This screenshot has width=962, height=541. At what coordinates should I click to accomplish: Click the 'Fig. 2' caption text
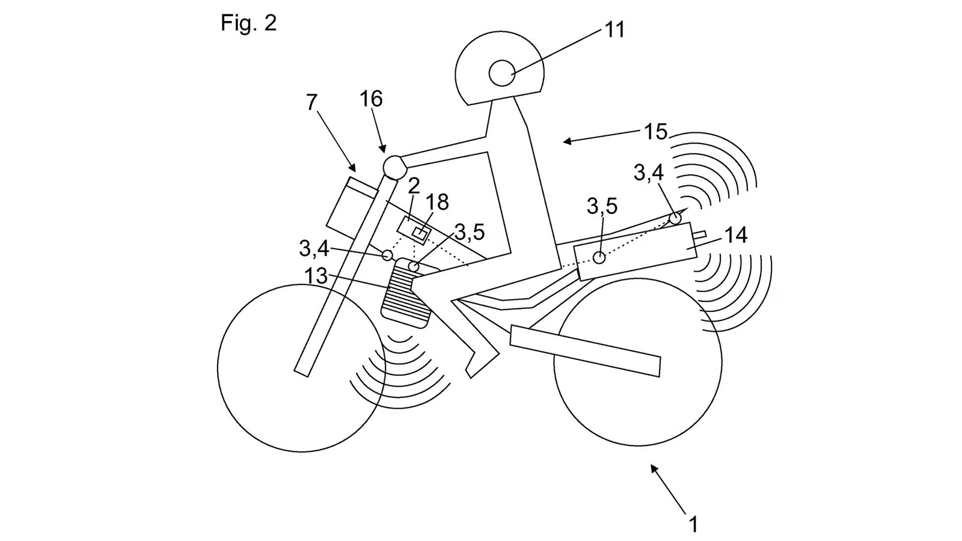(x=248, y=23)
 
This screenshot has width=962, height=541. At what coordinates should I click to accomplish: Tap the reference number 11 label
(x=614, y=29)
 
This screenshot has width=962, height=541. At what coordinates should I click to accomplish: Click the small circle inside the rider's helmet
(x=501, y=74)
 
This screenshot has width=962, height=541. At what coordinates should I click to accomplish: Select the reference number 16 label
(x=371, y=99)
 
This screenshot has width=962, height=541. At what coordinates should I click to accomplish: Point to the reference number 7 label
(x=311, y=103)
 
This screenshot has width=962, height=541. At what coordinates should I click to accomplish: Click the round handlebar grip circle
(x=394, y=167)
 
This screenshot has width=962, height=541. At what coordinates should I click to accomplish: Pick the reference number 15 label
(x=655, y=132)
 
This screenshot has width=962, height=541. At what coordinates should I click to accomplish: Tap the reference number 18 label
(x=438, y=202)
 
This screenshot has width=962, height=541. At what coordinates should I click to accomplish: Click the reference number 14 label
(x=735, y=235)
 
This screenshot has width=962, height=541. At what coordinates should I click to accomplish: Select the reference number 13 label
(x=316, y=276)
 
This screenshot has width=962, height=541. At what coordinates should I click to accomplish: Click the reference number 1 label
(x=693, y=524)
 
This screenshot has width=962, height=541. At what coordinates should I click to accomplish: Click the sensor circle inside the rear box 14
(x=599, y=257)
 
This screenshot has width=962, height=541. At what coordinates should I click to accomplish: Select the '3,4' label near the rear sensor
(x=648, y=173)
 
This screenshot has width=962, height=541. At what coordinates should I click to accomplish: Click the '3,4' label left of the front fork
(x=313, y=247)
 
